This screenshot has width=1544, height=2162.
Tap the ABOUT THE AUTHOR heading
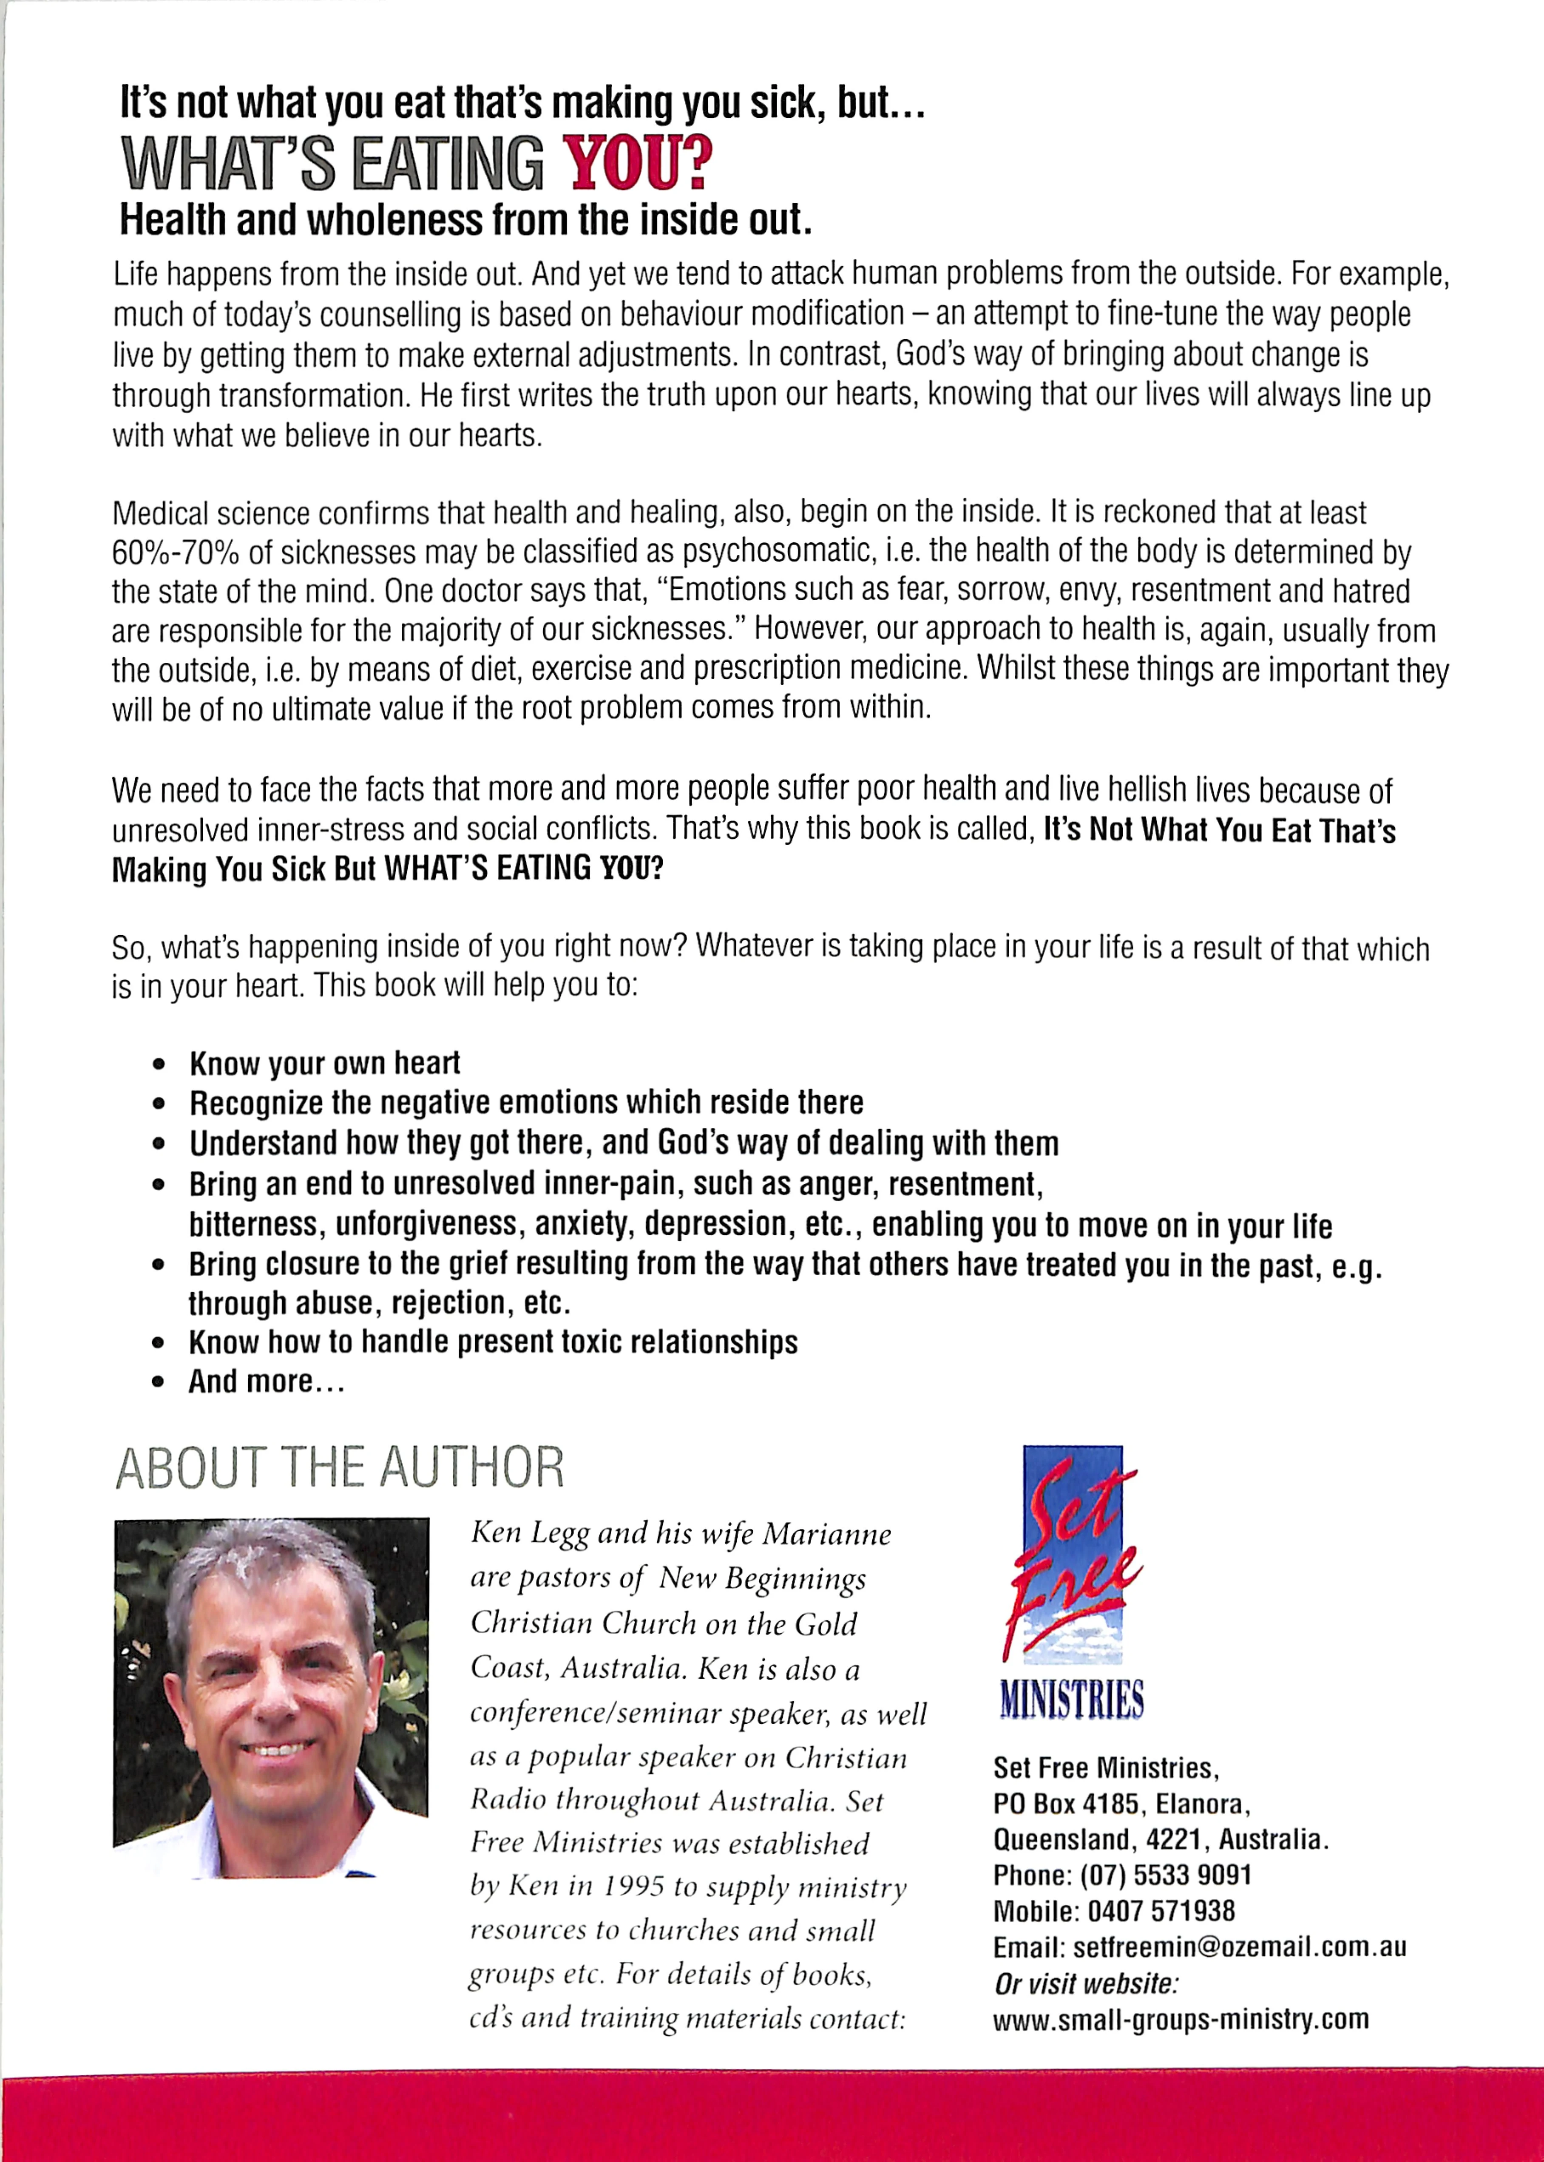339,1467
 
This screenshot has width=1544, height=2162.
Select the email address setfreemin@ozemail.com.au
1239,1947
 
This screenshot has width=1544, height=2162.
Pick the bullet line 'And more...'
266,1382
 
